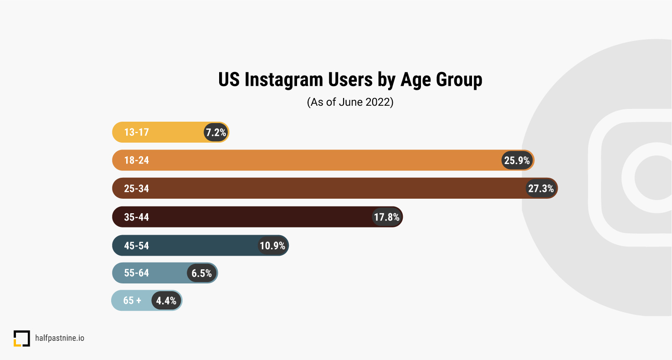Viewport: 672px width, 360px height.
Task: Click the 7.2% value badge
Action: [x=216, y=132]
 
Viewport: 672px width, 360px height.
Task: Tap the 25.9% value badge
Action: [x=517, y=160]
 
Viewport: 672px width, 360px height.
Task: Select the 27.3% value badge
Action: [x=541, y=188]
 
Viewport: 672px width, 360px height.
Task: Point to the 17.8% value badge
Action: [x=387, y=217]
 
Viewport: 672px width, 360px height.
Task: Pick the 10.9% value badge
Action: [x=272, y=246]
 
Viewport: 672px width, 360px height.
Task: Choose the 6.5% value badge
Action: [x=202, y=273]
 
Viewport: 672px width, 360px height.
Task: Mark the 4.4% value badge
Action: [x=166, y=301]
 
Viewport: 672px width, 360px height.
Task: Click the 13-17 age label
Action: [x=136, y=132]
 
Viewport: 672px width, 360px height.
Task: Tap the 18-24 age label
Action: [x=136, y=160]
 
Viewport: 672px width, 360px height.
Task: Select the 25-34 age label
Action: [x=136, y=189]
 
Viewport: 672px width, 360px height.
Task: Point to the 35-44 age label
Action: [x=136, y=217]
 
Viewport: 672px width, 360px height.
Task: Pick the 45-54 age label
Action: [x=136, y=246]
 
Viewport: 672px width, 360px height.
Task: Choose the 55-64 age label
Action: [x=136, y=273]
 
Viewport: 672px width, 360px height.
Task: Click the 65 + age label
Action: [x=132, y=301]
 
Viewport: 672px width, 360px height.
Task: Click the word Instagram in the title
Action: [x=284, y=79]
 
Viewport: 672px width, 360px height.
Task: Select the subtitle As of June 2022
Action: [x=350, y=102]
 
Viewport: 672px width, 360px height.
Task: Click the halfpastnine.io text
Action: [x=60, y=338]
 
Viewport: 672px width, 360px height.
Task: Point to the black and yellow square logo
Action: [x=21, y=338]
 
